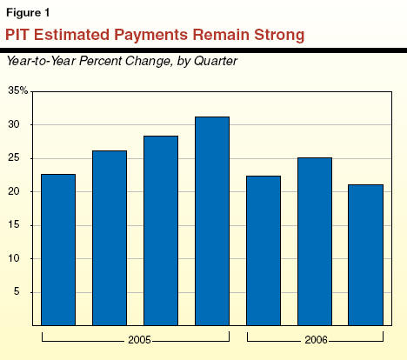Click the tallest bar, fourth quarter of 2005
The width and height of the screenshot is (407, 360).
coord(212,221)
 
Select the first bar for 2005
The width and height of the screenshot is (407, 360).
coord(58,250)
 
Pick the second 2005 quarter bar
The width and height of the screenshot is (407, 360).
coord(110,238)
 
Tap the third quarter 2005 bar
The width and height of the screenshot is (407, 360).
coord(161,230)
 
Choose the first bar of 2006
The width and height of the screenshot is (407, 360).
coord(264,250)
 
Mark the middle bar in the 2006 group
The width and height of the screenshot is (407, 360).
coord(315,242)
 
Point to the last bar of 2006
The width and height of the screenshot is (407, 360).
coord(366,255)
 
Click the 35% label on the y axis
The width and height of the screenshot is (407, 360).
coord(18,90)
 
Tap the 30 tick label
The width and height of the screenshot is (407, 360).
coord(14,124)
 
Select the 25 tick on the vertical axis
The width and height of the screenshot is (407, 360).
coord(14,158)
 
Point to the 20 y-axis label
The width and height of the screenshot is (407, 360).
coord(14,191)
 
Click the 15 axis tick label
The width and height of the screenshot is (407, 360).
coord(14,225)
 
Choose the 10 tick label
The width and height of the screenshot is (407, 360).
coord(14,258)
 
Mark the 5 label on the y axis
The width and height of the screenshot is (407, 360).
coord(17,291)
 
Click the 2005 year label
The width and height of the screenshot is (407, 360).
coord(139,340)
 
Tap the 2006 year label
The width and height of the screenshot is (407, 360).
coord(316,340)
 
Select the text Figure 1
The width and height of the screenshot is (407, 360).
coord(28,13)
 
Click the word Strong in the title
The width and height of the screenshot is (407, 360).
coord(279,35)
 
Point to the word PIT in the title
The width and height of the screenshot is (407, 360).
coord(17,35)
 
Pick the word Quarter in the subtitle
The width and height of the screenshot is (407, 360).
coord(216,61)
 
